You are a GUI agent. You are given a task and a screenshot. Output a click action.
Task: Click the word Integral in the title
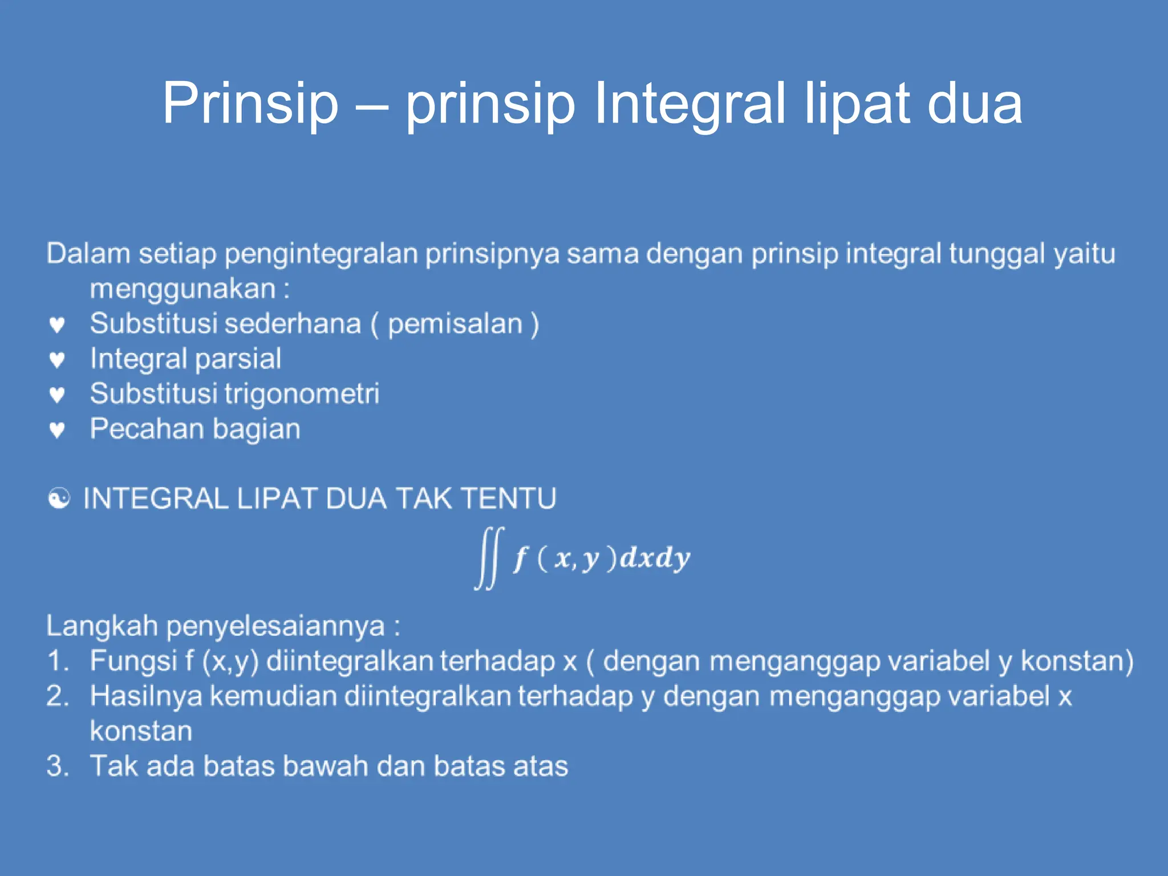690,104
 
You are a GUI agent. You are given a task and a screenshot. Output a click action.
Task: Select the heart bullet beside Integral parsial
57,360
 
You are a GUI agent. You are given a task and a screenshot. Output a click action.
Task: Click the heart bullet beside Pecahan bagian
57,429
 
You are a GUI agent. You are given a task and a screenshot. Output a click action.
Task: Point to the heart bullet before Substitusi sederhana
57,325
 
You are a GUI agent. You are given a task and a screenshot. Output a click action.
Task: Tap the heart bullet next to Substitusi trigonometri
57,395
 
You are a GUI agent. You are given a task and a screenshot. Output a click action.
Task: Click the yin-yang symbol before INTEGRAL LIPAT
59,499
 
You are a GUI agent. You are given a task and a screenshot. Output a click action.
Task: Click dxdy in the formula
655,558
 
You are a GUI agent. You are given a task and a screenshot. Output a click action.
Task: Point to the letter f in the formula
520,558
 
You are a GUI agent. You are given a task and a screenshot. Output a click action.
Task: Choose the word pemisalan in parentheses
455,324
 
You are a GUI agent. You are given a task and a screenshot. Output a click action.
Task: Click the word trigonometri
302,394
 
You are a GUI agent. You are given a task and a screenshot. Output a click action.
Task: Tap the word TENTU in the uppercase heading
508,498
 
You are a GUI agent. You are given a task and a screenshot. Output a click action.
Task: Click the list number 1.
57,661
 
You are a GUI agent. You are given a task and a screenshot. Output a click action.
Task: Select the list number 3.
57,766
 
